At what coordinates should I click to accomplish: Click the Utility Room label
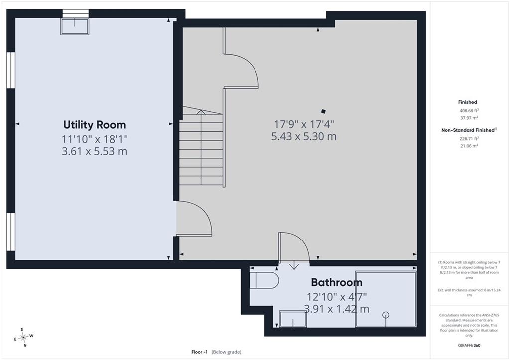click(94, 125)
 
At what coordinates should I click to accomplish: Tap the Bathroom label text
click(337, 282)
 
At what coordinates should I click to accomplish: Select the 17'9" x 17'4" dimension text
click(304, 124)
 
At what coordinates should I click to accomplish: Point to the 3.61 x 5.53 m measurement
click(94, 151)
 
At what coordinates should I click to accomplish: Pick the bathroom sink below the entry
click(293, 319)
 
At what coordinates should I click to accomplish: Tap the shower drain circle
click(386, 315)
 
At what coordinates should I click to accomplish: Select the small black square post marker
click(323, 111)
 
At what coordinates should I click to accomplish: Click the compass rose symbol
click(24, 337)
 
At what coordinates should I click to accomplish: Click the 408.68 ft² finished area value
click(469, 110)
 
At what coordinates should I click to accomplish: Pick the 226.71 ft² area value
click(469, 139)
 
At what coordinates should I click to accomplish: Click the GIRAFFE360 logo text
click(469, 345)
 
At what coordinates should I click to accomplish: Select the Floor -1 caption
click(199, 352)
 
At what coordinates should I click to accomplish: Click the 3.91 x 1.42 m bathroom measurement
click(337, 309)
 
